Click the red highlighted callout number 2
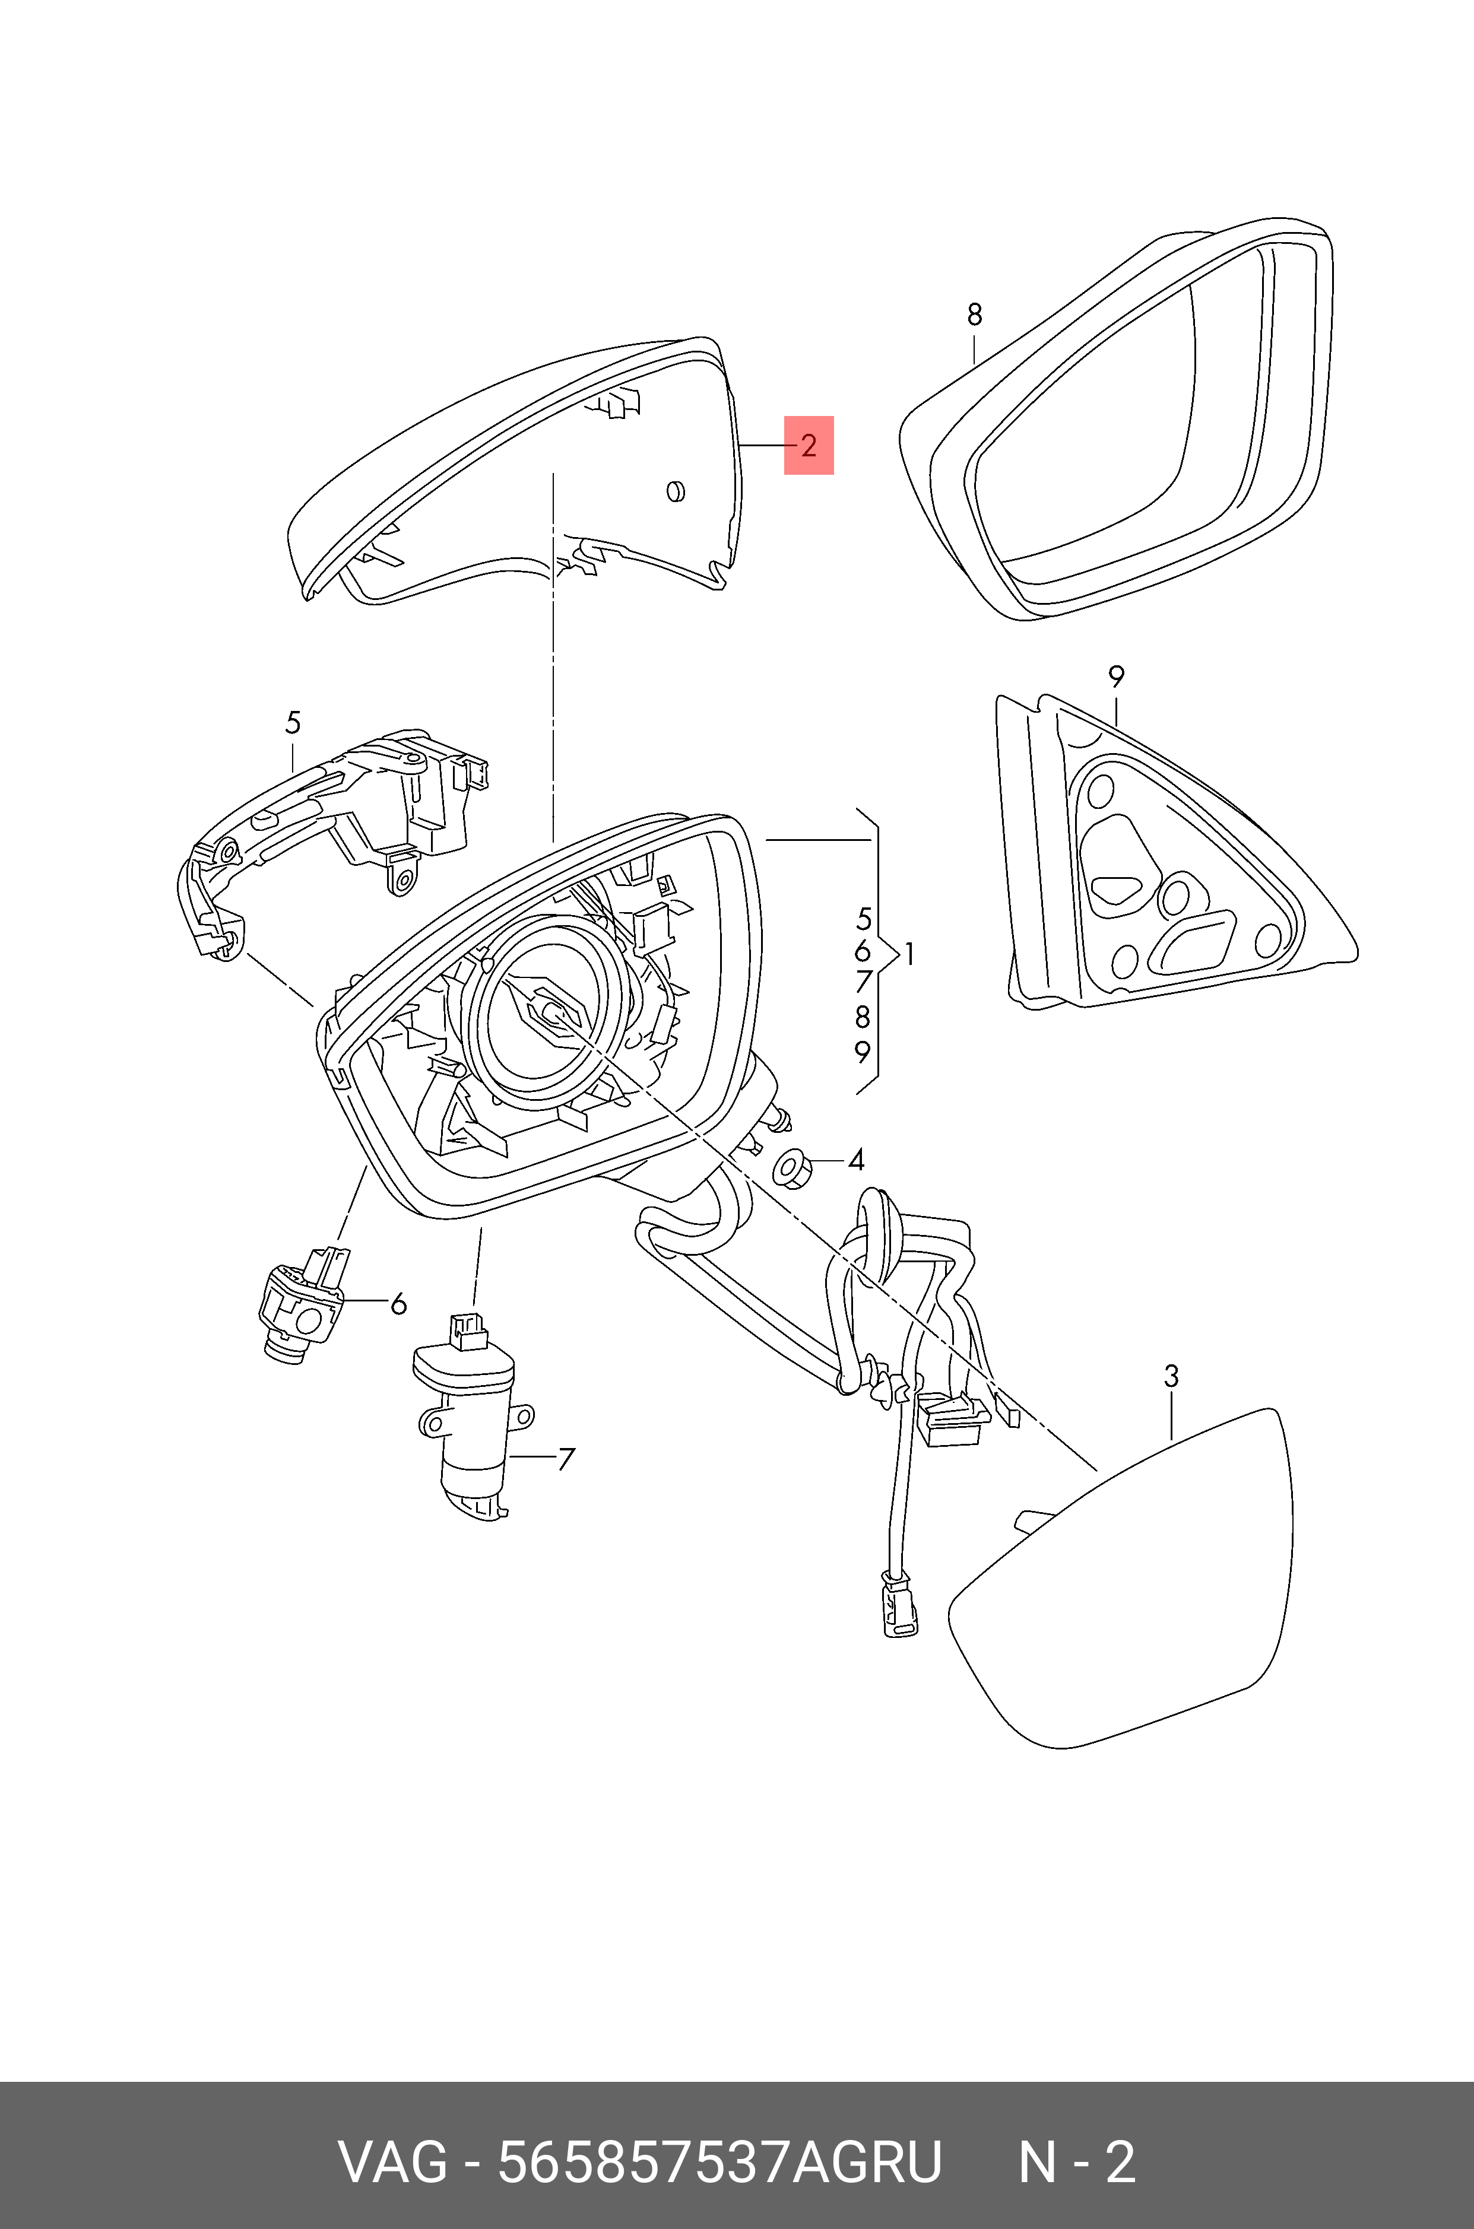[x=809, y=446]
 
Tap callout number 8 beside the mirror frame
[x=975, y=314]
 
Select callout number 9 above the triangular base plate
[x=1116, y=676]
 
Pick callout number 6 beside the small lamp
[x=398, y=1303]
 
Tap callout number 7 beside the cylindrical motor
[x=565, y=1459]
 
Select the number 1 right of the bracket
[x=908, y=955]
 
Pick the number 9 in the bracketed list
[x=862, y=1052]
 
